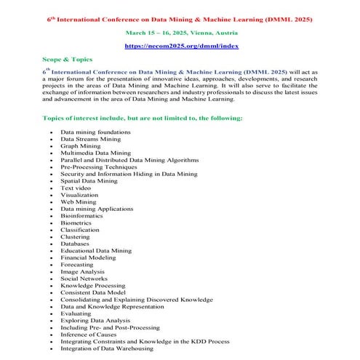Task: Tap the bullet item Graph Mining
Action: [x=81, y=145]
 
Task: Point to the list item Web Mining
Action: [x=78, y=201]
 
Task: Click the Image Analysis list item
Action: [x=82, y=271]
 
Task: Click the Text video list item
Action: [x=77, y=188]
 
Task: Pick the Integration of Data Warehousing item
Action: [x=107, y=348]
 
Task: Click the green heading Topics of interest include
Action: [x=142, y=117]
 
